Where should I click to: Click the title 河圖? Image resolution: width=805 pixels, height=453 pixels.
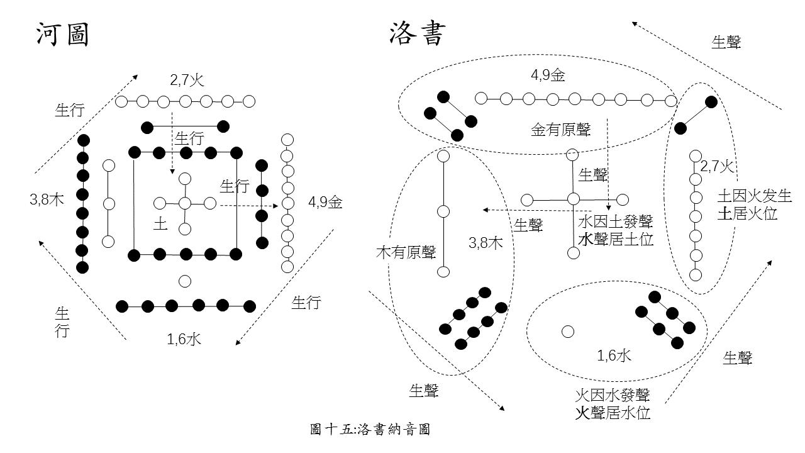62,35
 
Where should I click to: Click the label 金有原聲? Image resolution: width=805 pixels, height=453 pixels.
561,130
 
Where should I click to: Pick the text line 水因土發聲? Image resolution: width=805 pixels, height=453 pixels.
615,222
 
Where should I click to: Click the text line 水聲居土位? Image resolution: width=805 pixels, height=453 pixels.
615,239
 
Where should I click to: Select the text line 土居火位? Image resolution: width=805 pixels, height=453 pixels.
747,214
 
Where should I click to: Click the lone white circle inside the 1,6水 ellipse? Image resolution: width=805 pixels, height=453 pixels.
567,332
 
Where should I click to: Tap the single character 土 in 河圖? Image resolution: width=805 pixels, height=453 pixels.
161,223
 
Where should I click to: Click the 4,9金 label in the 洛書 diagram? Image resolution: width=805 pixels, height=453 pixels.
548,76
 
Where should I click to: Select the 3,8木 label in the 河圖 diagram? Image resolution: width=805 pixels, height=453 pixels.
47,201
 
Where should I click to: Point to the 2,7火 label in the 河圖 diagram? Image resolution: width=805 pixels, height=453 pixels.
187,81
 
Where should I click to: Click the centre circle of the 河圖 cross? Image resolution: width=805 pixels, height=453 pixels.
185,203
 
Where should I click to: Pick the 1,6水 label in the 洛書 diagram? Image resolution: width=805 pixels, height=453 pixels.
614,356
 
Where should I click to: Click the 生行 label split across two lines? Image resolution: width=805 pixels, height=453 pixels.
62,322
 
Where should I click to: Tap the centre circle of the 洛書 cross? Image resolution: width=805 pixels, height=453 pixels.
573,199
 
